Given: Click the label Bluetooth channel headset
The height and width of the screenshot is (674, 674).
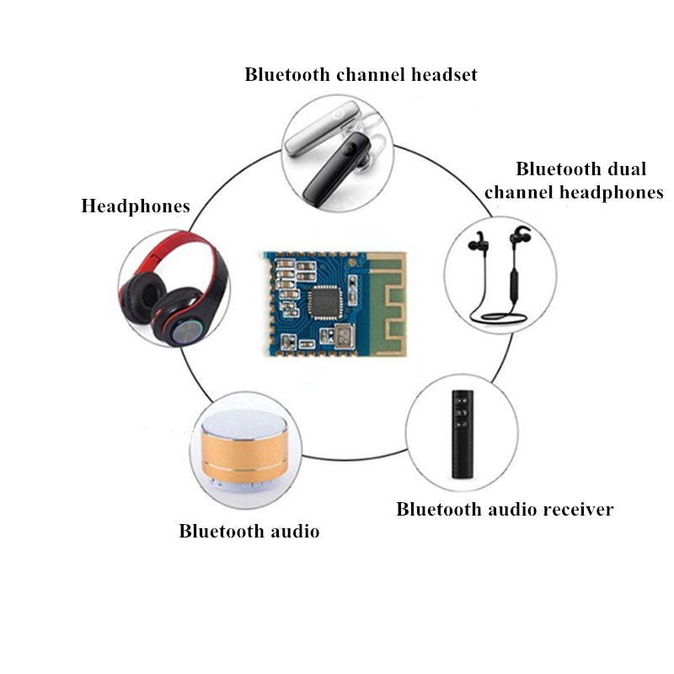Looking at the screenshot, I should (361, 74).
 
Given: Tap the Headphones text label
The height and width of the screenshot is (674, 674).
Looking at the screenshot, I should (135, 206).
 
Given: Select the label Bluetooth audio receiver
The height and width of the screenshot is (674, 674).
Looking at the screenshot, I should (505, 509).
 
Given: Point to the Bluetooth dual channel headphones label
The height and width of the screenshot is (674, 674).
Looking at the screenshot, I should (574, 180).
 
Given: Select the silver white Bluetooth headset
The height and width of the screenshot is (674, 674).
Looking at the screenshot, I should (316, 131).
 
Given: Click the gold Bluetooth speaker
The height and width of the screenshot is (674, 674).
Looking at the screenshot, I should (245, 455).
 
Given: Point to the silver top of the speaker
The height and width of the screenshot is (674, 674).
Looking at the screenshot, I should (244, 425).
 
